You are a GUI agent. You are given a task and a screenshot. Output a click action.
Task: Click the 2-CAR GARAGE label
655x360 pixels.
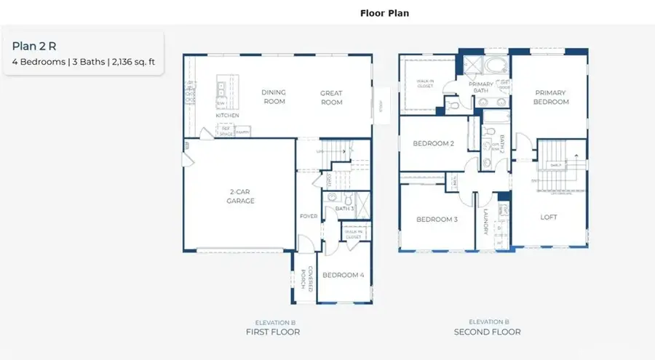[240, 196]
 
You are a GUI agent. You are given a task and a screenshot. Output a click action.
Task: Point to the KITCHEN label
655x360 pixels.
[227, 116]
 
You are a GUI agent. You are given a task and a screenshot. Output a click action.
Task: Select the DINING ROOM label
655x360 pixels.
[274, 97]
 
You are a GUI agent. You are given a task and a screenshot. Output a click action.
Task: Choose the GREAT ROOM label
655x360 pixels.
[331, 97]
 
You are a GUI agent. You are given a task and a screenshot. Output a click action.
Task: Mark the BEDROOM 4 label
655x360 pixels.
[344, 275]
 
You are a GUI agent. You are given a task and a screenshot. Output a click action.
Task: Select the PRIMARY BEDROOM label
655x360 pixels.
[551, 97]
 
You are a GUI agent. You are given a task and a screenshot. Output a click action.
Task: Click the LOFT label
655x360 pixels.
[548, 217]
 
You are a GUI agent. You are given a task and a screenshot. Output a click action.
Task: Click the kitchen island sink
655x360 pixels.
[221, 91]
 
